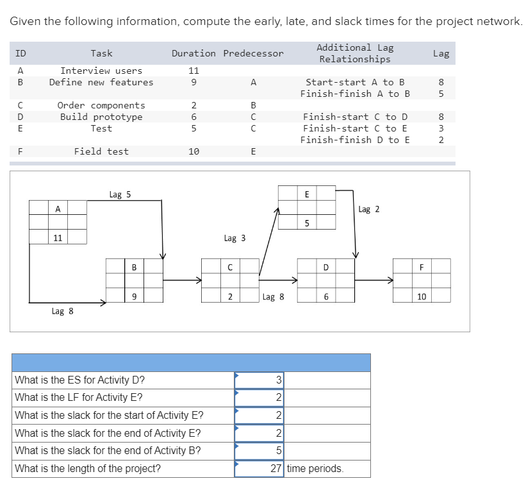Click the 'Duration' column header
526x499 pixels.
(x=193, y=53)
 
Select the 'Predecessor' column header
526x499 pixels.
(x=253, y=53)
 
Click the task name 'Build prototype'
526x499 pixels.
(x=101, y=117)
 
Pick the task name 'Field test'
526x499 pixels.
(x=101, y=151)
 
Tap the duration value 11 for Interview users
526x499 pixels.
(x=193, y=71)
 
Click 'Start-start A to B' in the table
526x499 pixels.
(x=355, y=82)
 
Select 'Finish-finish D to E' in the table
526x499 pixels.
(x=355, y=140)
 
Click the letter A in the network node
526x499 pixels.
(x=58, y=208)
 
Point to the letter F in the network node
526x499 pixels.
(x=421, y=266)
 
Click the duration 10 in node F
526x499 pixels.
(x=421, y=296)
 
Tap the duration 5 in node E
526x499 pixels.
(x=307, y=223)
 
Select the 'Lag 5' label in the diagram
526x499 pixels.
(x=120, y=194)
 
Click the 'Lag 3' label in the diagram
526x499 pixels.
(x=234, y=238)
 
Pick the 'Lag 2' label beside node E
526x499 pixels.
(x=369, y=209)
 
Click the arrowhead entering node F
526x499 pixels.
(x=389, y=280)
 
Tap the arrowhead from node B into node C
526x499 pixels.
(x=198, y=280)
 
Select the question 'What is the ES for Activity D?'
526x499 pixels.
(x=79, y=380)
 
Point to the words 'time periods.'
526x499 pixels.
(x=315, y=468)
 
